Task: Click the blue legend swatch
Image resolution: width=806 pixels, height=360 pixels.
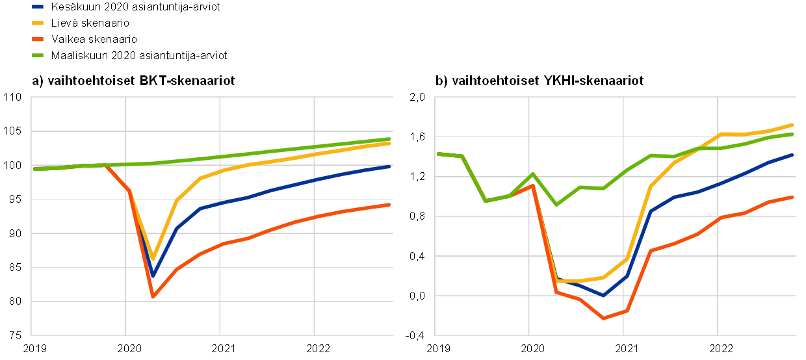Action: pyautogui.click(x=38, y=6)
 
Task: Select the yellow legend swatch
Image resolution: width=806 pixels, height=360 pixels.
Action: pyautogui.click(x=38, y=23)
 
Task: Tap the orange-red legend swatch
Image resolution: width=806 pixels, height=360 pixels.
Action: pyautogui.click(x=38, y=39)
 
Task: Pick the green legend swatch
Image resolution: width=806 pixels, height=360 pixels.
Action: pyautogui.click(x=38, y=55)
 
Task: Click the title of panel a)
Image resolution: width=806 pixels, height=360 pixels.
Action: pyautogui.click(x=134, y=81)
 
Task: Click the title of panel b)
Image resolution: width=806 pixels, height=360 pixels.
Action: pyautogui.click(x=540, y=81)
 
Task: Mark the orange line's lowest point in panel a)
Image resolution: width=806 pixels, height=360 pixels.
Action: pyautogui.click(x=153, y=297)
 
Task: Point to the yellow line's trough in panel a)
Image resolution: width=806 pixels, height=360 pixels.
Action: pyautogui.click(x=153, y=259)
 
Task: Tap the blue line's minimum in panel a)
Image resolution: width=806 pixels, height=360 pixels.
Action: pyautogui.click(x=153, y=276)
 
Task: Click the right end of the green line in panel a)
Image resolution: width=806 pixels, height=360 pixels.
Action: pyautogui.click(x=390, y=138)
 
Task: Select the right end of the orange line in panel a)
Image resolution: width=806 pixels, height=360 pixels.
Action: pyautogui.click(x=390, y=205)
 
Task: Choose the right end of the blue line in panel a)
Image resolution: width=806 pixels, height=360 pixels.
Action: pyautogui.click(x=390, y=166)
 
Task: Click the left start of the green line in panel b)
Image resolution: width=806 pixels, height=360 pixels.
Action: pyautogui.click(x=438, y=154)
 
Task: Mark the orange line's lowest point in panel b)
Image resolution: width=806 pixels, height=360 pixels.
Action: pyautogui.click(x=603, y=318)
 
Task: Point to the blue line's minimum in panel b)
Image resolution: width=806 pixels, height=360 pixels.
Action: pyautogui.click(x=603, y=296)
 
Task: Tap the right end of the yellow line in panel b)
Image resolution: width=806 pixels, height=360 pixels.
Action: pyautogui.click(x=793, y=124)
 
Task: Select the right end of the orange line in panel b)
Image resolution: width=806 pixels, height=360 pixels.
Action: pyautogui.click(x=793, y=196)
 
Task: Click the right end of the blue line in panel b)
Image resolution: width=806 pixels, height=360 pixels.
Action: pyautogui.click(x=793, y=155)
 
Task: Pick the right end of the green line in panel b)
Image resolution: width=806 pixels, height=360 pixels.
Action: pyautogui.click(x=793, y=134)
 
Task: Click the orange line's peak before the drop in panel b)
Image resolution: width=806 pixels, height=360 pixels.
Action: pyautogui.click(x=532, y=185)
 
